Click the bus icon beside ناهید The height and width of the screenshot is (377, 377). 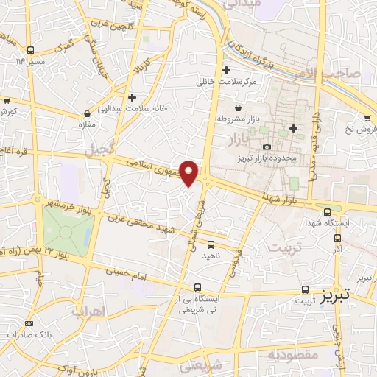pos(211,244)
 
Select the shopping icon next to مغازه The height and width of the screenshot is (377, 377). pos(88,114)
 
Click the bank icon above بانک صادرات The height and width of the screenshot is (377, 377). pos(29,323)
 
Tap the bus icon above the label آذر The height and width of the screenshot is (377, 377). pos(338,238)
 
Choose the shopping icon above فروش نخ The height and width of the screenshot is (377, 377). pos(367,117)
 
